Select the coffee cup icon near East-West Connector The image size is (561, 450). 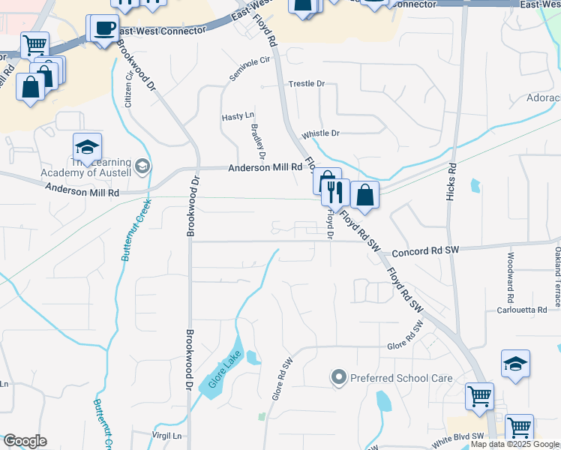pyautogui.click(x=104, y=29)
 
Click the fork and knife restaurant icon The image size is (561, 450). pyautogui.click(x=335, y=193)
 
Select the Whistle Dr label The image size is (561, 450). pyautogui.click(x=320, y=133)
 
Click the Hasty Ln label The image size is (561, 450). pyautogui.click(x=237, y=117)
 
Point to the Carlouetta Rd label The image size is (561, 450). pyautogui.click(x=523, y=310)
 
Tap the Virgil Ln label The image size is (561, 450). pyautogui.click(x=167, y=435)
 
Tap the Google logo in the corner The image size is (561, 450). pyautogui.click(x=25, y=441)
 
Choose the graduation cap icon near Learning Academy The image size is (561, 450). pyautogui.click(x=87, y=148)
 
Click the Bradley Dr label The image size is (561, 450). pyautogui.click(x=257, y=142)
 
